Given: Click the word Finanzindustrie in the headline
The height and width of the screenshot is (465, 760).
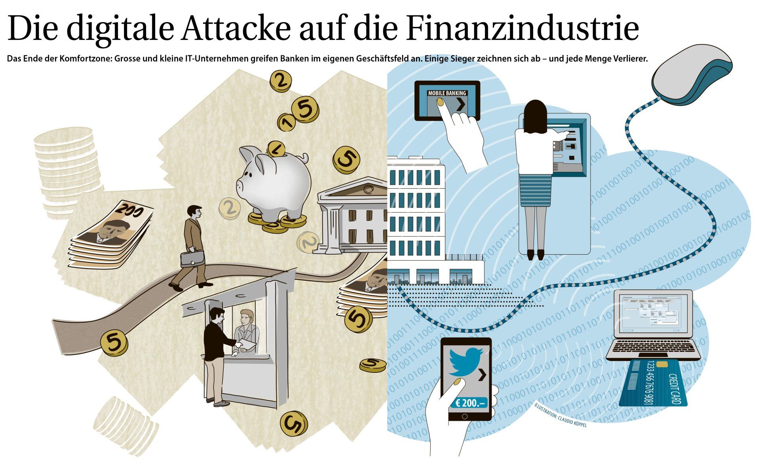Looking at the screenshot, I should click(522, 28).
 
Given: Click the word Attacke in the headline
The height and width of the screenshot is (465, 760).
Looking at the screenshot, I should click(237, 28).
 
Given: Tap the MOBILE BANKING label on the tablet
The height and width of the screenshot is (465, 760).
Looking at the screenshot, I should click(447, 93).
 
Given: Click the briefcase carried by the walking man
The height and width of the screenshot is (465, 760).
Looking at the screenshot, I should click(192, 258).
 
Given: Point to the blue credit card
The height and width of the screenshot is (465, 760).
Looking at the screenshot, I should click(653, 384).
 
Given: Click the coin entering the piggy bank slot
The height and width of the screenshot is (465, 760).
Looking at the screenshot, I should click(276, 149).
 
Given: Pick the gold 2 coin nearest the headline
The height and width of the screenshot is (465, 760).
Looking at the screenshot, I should click(281, 81).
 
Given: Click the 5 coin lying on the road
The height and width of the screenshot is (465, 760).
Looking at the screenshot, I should click(114, 342).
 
